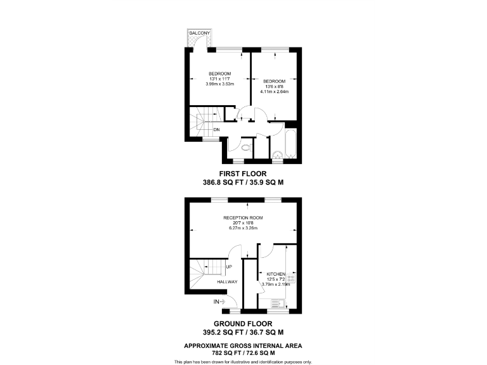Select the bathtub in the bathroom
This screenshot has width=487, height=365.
click(x=292, y=145)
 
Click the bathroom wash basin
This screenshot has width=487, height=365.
click(x=276, y=154)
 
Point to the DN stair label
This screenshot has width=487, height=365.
click(x=216, y=130)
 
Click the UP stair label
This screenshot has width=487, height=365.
click(x=228, y=267)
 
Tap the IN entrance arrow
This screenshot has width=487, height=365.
click(x=219, y=302)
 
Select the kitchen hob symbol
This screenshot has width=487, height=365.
click(x=291, y=279)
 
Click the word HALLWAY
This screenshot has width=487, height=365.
click(x=227, y=282)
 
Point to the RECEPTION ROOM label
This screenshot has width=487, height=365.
click(x=243, y=218)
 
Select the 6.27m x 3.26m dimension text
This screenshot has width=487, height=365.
click(x=243, y=227)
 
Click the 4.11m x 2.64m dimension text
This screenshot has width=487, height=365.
click(x=274, y=91)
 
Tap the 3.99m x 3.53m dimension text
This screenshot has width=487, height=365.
click(x=219, y=84)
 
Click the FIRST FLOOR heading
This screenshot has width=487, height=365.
click(x=243, y=173)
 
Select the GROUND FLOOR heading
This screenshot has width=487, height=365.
click(x=243, y=323)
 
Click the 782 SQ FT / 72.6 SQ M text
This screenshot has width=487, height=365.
click(x=243, y=352)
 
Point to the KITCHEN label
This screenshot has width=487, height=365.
click(x=275, y=274)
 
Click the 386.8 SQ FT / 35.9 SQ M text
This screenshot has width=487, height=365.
click(x=243, y=181)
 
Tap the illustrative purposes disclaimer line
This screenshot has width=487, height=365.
click(x=243, y=361)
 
